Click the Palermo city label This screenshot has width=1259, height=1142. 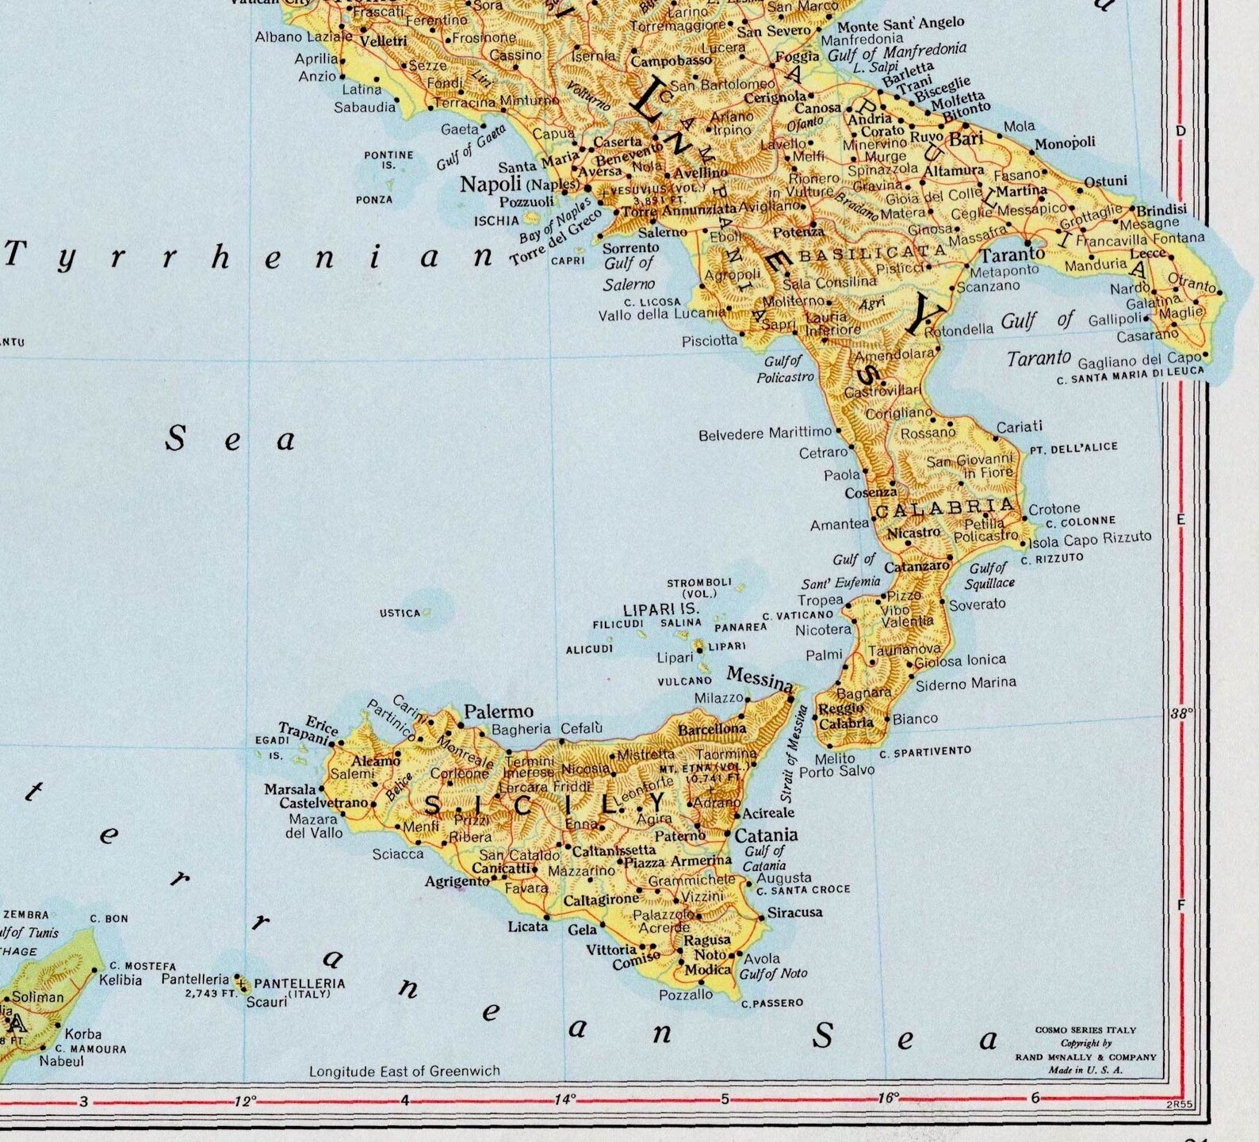pos(498,711)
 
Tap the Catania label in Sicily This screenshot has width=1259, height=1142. pos(766,835)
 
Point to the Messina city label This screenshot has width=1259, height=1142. pos(760,678)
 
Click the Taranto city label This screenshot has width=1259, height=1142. pos(1012,255)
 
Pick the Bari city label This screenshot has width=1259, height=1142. pos(966,139)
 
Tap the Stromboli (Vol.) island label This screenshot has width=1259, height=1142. pos(698,587)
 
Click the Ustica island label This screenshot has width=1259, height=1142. pos(400,613)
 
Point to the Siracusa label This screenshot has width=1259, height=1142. pos(795,912)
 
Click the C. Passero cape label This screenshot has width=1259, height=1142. pos(772,1003)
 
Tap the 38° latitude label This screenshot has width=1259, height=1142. pos(1181,713)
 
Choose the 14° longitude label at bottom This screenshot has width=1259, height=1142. pos(564,1099)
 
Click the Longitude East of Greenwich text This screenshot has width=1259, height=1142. pos(404,1071)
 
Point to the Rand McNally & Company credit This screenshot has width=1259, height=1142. pos(1085,1057)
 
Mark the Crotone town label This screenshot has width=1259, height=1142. pos(1054,508)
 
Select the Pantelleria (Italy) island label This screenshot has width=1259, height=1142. pos(299,987)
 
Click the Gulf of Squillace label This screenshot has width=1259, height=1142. pos(989,575)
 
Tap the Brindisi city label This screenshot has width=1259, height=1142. pos(1161,210)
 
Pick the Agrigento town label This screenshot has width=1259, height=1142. pos(457,881)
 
